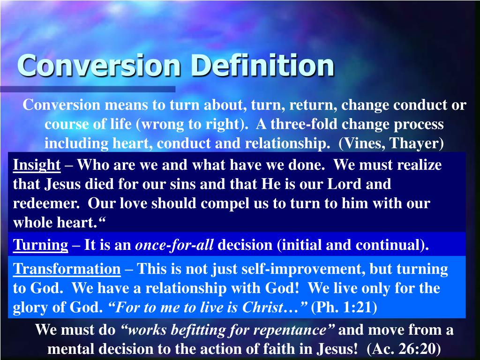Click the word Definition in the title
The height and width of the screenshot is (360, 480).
(263, 65)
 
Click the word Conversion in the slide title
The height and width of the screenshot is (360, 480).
(99, 65)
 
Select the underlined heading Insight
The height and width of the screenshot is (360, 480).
(37, 165)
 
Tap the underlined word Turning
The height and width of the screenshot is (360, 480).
(40, 245)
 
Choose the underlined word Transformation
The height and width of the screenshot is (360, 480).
(67, 269)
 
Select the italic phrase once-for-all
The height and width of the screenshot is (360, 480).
(174, 245)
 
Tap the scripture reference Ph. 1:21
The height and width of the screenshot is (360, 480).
(344, 307)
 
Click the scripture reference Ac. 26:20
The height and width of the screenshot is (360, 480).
(404, 349)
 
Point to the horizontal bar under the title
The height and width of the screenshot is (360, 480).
(88, 89)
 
